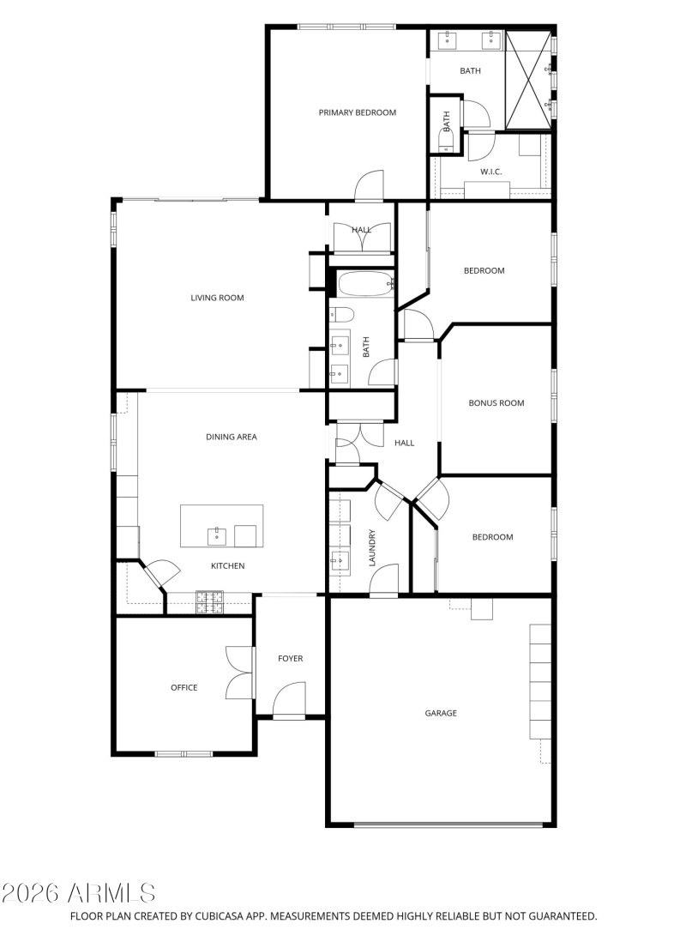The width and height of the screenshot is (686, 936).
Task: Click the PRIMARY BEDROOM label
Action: click(x=358, y=112)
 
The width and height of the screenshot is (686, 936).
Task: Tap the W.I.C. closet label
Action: click(x=490, y=172)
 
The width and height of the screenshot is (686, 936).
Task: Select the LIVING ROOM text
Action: click(x=217, y=298)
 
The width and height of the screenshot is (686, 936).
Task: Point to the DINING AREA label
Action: click(x=232, y=437)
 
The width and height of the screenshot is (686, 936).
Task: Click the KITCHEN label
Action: click(x=228, y=565)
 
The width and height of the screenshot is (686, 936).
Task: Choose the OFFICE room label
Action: click(x=184, y=687)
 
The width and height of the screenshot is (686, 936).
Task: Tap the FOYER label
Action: click(x=290, y=658)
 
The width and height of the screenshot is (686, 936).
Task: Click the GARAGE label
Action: click(x=441, y=713)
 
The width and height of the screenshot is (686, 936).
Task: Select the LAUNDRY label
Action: click(x=373, y=547)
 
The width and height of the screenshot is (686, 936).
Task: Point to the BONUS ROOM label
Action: click(x=496, y=402)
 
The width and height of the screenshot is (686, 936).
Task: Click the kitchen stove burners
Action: click(x=210, y=602)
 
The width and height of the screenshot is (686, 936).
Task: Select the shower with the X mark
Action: click(x=528, y=80)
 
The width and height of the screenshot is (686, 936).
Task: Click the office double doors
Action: click(x=239, y=672)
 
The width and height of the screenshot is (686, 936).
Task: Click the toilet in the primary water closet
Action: click(x=446, y=137)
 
